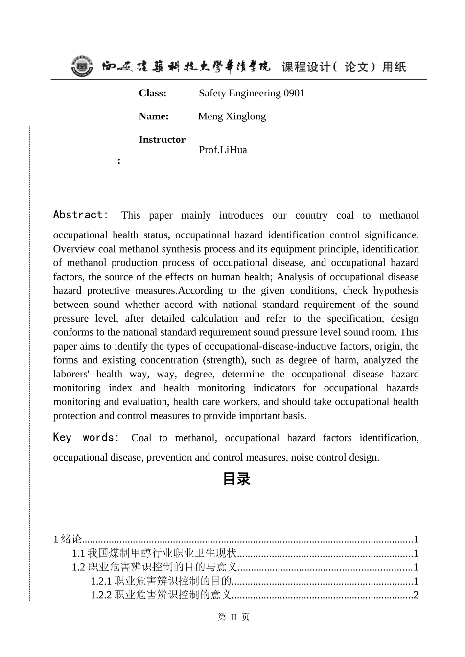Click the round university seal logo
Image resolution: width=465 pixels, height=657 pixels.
pos(81,66)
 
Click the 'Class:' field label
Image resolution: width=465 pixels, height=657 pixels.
pos(152,93)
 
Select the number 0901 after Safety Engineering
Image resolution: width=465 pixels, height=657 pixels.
pos(294,93)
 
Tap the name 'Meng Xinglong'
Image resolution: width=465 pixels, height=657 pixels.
pos(232,116)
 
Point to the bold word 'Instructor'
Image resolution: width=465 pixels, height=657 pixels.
pos(162,140)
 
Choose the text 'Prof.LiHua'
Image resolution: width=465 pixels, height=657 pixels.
pos(223,150)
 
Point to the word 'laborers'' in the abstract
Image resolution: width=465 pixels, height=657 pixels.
pos(71,374)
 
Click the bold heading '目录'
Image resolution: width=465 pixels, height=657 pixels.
pos(236,479)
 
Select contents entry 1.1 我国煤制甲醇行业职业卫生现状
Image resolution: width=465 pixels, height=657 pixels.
pos(154,553)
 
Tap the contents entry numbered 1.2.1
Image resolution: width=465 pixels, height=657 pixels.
pos(161,581)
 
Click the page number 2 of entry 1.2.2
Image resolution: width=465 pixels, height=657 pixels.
pos(416,595)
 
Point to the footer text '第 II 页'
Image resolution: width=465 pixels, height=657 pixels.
pos(233,617)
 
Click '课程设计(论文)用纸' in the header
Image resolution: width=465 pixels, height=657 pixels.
pos(344,67)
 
